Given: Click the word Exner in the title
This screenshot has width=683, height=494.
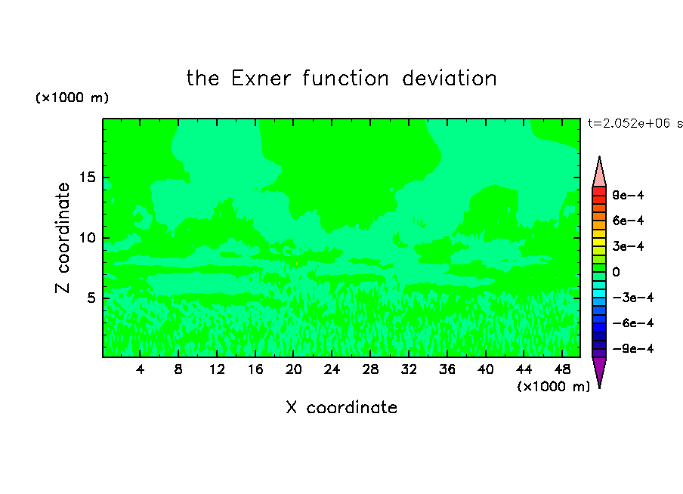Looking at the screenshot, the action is pos(261,79).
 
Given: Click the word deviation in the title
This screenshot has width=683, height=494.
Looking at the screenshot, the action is pos(449,79).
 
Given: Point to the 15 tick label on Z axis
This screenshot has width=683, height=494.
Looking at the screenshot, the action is pos(88,178).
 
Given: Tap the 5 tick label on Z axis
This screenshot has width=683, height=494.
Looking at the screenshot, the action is pos(91,298).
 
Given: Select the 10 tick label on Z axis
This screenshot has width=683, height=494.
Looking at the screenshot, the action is pos(88,238).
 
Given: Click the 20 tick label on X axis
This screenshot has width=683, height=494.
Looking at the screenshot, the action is pos(293,369).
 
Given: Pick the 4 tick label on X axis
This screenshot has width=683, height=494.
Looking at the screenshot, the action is pos(140,369).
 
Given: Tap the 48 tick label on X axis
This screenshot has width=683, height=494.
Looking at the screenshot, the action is pos(562,369).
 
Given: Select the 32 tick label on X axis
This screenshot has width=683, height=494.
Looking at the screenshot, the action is pos(409,369).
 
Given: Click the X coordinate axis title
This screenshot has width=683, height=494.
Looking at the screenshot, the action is pos(341,407).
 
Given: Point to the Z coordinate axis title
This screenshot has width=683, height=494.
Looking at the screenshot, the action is pos(63,237).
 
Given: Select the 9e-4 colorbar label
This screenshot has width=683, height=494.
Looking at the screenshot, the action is pos(628,195).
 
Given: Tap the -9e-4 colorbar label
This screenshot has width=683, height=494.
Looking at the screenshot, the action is pos(633,348).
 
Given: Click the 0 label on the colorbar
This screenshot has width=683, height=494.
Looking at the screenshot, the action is pos(616,272).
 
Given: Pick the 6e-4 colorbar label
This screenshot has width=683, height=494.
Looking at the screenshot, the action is pos(628,221).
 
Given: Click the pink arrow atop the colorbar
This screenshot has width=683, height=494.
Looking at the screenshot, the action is pos(599,172).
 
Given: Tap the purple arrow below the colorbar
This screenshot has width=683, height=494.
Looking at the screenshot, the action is pos(599,371).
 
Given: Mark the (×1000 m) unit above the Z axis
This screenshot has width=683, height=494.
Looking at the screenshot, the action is pos(72,97).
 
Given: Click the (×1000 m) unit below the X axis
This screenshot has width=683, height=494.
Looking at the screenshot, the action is pos(553,387).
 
